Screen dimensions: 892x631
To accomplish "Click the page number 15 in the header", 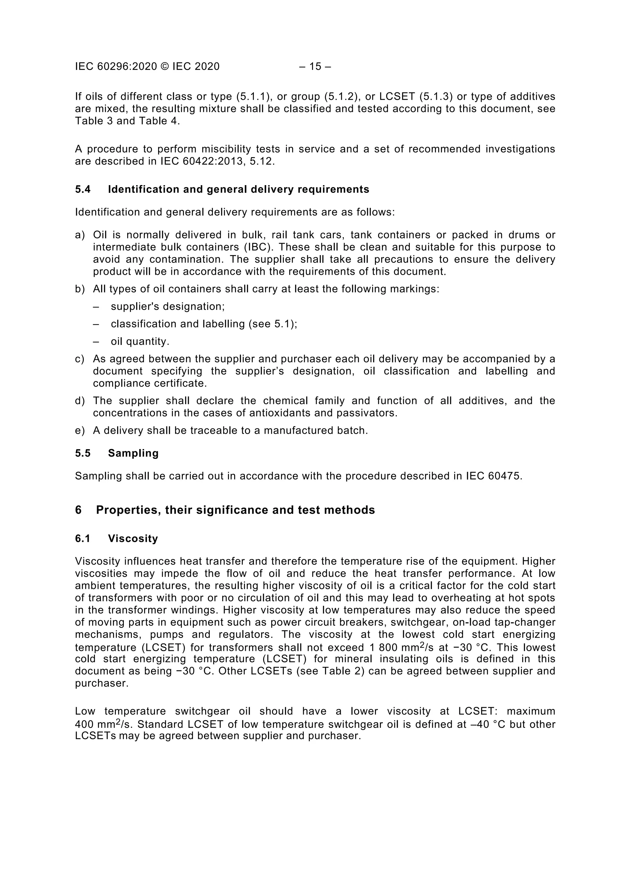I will pyautogui.click(x=315, y=67).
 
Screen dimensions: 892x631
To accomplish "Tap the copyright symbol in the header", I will pyautogui.click(x=165, y=67).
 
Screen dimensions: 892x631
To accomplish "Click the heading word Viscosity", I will pyautogui.click(x=133, y=538).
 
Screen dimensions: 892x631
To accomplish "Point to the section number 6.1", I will pyautogui.click(x=83, y=538).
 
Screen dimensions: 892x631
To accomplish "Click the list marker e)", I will pyautogui.click(x=80, y=431).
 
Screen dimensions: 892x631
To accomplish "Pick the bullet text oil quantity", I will pyautogui.click(x=140, y=342).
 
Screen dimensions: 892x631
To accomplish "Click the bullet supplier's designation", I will pyautogui.click(x=168, y=306).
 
